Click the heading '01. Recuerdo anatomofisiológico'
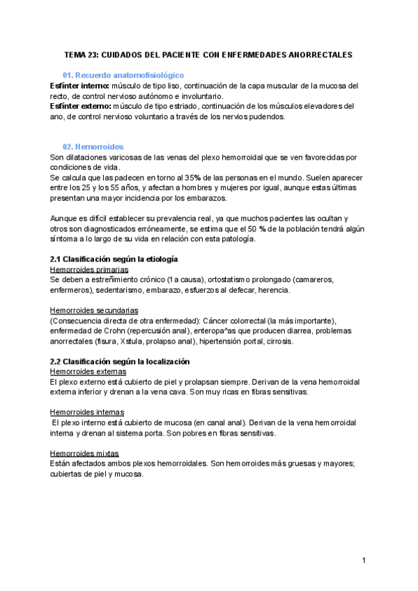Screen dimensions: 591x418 tap(123, 75)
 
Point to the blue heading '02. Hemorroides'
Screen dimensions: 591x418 tap(93, 147)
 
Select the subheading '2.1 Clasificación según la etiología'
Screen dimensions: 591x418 tap(114, 259)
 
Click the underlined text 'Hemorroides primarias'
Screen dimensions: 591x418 tap(89, 269)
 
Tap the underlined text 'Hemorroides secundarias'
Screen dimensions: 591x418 tap(94, 309)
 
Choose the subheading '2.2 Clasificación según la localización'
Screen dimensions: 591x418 tap(121, 362)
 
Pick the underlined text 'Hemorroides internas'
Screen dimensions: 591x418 tap(87, 412)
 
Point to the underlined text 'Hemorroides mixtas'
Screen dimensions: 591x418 tap(84, 453)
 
